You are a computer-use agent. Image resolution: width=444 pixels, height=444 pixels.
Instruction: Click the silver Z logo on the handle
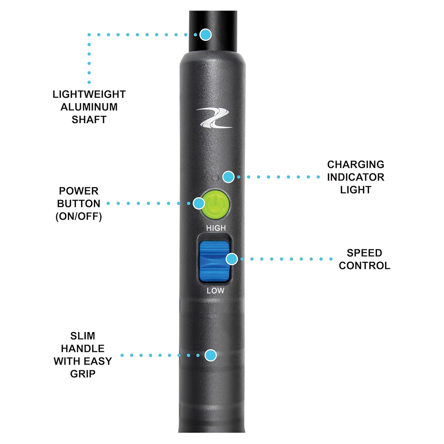(x=214, y=118)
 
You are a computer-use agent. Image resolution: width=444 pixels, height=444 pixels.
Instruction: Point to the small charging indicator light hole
(x=216, y=178)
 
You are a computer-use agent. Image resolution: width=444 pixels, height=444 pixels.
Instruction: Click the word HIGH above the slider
(x=216, y=228)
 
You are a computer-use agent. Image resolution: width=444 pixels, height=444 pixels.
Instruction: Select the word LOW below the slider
(x=215, y=291)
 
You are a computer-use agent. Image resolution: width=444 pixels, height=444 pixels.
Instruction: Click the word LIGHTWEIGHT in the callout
(x=89, y=94)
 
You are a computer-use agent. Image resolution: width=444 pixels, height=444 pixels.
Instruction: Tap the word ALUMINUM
(x=89, y=107)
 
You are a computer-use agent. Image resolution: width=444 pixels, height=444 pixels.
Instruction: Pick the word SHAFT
(x=89, y=120)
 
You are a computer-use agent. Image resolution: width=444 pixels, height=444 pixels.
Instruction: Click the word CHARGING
(x=355, y=164)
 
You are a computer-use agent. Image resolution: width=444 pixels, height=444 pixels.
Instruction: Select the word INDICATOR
(x=355, y=177)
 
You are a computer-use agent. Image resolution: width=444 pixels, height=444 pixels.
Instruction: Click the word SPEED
(x=364, y=253)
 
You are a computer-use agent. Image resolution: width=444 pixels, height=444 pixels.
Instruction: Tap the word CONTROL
(x=364, y=266)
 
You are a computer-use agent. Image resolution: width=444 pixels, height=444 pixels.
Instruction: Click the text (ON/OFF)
(x=79, y=216)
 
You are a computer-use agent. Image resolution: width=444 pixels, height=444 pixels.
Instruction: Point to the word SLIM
(x=83, y=336)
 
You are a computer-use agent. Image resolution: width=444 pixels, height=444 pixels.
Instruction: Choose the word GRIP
(x=83, y=374)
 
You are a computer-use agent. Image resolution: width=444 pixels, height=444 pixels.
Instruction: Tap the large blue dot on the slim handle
(x=210, y=355)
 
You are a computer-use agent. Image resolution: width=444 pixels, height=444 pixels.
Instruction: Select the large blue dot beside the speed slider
(x=232, y=259)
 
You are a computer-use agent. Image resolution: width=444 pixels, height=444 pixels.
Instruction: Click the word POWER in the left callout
(x=79, y=191)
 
